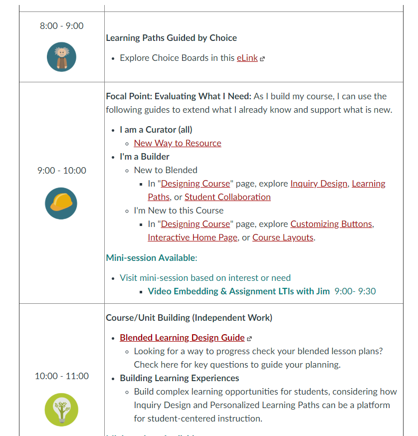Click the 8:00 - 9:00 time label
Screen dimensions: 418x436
tap(61, 26)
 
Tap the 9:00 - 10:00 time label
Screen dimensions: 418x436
tap(61, 171)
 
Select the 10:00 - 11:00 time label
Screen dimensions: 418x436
tap(61, 376)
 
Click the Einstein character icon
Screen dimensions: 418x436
tap(61, 57)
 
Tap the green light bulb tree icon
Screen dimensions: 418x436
tap(61, 409)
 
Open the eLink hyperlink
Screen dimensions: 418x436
tap(247, 58)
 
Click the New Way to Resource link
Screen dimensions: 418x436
tap(178, 143)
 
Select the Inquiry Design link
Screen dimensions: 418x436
tap(319, 184)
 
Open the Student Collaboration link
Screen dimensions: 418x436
tap(227, 197)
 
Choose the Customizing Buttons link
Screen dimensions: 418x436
tap(331, 224)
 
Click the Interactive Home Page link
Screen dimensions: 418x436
tap(193, 237)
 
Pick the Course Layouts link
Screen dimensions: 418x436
tap(283, 237)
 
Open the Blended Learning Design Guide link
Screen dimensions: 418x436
tap(182, 338)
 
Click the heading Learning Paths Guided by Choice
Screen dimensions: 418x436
tap(172, 38)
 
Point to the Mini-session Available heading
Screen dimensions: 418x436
tap(151, 258)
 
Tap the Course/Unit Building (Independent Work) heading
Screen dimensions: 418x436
tap(189, 318)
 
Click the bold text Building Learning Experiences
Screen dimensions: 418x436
tap(180, 378)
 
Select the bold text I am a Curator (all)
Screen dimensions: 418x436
tap(156, 130)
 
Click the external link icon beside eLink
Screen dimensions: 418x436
tap(262, 58)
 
